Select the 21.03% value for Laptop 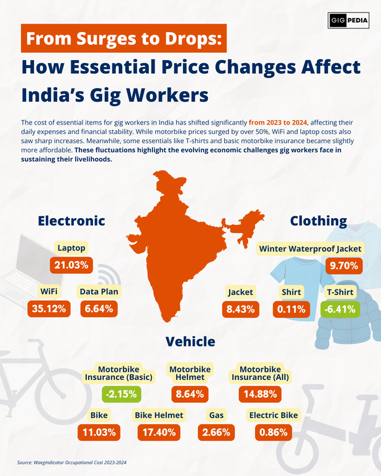tap(71, 266)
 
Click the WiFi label tap(49, 291)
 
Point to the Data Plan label tap(99, 291)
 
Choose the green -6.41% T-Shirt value tap(340, 309)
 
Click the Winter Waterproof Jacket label tap(310, 249)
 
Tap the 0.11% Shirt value tap(291, 309)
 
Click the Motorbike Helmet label tap(191, 373)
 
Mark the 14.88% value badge tap(261, 394)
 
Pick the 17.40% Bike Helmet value tap(159, 433)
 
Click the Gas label tap(217, 415)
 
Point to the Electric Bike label tap(273, 415)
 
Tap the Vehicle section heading tap(191, 342)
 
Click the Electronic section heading tap(71, 221)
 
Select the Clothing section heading tap(318, 221)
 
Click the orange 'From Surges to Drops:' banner tap(123, 38)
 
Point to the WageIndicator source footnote tap(71, 462)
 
